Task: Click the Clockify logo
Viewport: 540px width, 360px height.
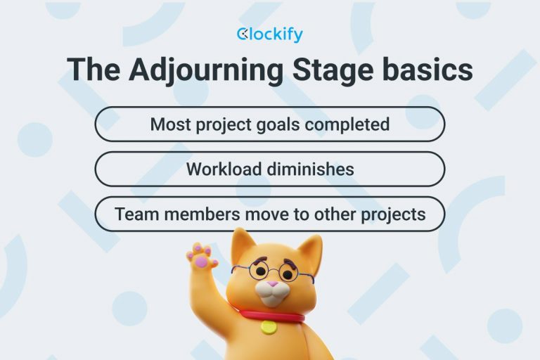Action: (x=270, y=34)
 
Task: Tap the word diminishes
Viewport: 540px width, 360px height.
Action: (x=313, y=169)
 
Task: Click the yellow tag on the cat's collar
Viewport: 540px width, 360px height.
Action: (x=268, y=327)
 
